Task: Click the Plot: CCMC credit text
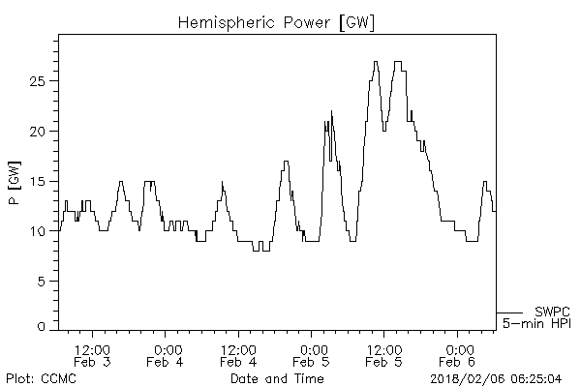tap(41, 377)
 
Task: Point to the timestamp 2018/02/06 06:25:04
tap(496, 377)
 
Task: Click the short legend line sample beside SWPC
tap(510, 312)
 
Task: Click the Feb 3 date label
tap(92, 362)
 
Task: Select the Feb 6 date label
tap(455, 362)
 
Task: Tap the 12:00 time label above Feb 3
tap(92, 348)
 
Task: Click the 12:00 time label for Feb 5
tap(383, 348)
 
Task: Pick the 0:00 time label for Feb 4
tap(167, 348)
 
